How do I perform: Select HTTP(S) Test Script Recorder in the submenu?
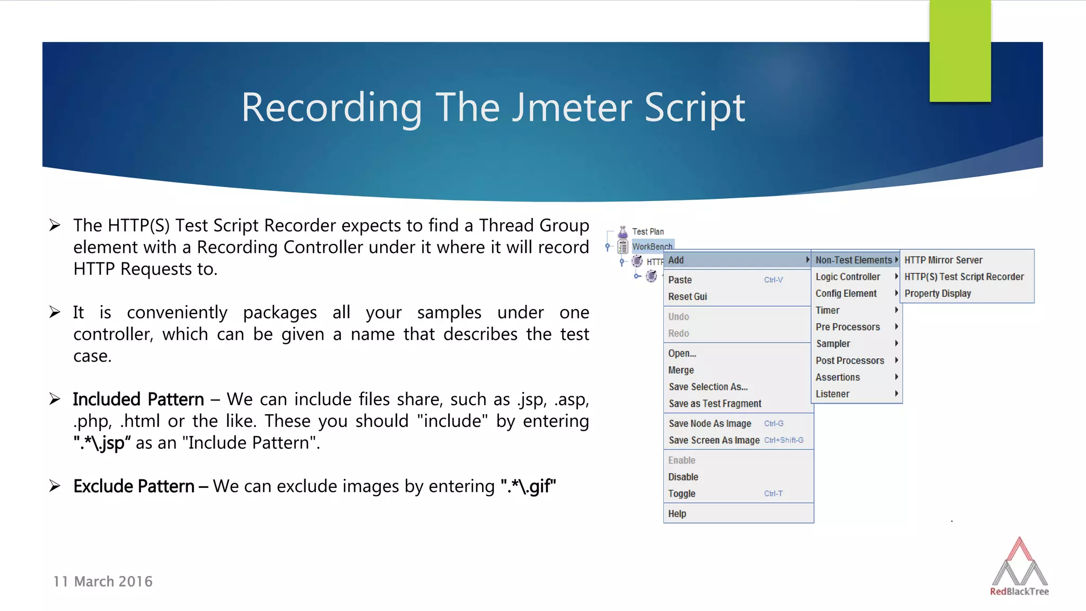(x=964, y=277)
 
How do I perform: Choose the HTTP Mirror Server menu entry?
(x=943, y=260)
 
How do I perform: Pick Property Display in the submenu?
(x=937, y=293)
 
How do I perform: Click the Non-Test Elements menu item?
(x=853, y=260)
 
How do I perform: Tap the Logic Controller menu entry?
(x=847, y=277)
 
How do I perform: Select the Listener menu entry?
(x=832, y=394)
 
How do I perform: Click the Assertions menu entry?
(x=837, y=377)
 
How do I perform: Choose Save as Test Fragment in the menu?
(x=714, y=404)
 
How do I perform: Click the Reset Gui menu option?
(x=687, y=296)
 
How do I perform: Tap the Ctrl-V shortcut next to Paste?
(x=773, y=280)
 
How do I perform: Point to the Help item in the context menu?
(x=677, y=513)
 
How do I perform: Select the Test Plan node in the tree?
(x=647, y=232)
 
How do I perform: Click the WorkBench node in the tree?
(x=652, y=247)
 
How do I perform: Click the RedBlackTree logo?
(x=1019, y=568)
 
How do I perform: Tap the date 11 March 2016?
(x=103, y=581)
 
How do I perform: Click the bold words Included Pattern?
(x=138, y=399)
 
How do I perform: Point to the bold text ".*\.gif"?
(x=528, y=486)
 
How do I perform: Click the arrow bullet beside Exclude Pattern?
(x=55, y=486)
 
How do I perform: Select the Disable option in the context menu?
(x=683, y=477)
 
